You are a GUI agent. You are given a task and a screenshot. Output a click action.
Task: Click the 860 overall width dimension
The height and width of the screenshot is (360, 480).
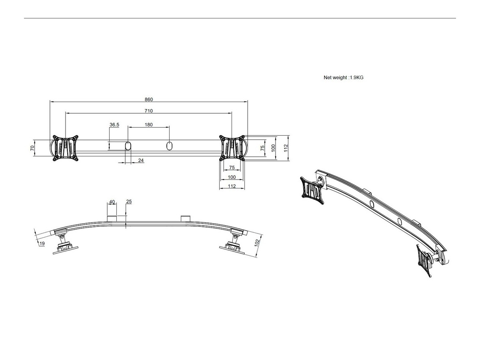(x=149, y=100)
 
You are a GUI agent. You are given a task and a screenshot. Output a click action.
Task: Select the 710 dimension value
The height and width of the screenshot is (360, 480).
(x=149, y=111)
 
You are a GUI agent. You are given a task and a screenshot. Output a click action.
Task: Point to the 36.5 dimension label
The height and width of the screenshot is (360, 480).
(x=114, y=125)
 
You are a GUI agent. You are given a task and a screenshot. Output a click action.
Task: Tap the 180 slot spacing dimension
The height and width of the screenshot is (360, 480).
(x=148, y=125)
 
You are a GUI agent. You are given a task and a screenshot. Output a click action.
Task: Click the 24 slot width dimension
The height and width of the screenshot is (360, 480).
(x=141, y=160)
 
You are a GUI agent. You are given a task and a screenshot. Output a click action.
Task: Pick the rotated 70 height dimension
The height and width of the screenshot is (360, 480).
(x=32, y=148)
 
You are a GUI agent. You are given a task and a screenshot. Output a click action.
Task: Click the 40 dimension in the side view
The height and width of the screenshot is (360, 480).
(x=112, y=202)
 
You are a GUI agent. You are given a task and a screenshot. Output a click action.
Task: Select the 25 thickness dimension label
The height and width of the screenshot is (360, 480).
(x=129, y=202)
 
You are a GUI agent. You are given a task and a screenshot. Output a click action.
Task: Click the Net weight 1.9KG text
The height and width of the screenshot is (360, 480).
(x=343, y=78)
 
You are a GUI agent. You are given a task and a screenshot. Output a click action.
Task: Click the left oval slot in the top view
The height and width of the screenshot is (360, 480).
(x=128, y=145)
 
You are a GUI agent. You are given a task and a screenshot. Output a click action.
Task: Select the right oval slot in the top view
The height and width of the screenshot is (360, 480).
(x=169, y=145)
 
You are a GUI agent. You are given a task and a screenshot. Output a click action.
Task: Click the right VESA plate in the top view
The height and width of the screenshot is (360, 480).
(x=232, y=148)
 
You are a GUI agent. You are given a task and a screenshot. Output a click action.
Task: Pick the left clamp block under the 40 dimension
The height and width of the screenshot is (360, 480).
(x=112, y=218)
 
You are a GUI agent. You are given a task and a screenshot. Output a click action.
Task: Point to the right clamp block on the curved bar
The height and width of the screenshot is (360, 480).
(x=186, y=218)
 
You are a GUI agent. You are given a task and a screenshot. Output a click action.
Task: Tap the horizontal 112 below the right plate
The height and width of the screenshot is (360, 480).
(x=232, y=186)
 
